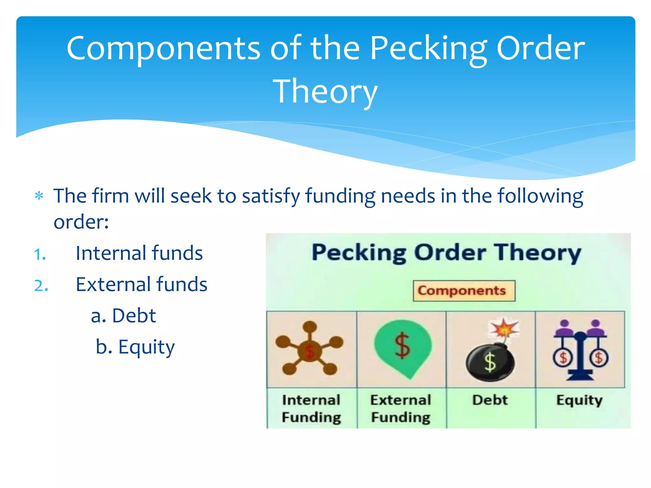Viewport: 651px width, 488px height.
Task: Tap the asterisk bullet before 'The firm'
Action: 39,196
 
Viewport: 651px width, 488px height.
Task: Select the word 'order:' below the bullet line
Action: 81,221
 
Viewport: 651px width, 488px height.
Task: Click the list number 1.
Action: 40,254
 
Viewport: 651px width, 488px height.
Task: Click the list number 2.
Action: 41,286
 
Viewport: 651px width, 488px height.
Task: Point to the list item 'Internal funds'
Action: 139,253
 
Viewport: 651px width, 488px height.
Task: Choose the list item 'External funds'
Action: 141,284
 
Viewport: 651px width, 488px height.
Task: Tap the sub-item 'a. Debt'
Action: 123,315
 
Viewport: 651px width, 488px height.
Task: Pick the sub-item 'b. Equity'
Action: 135,347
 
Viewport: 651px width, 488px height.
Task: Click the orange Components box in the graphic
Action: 464,291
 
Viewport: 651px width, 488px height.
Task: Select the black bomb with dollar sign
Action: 490,362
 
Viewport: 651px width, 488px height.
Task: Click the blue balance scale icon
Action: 580,349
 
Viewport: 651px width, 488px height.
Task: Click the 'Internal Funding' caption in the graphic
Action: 311,409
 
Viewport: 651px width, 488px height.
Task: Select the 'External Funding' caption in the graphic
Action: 401,409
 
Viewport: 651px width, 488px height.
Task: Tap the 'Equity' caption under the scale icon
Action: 579,400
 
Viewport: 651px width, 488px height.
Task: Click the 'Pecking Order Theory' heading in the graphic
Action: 446,253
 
